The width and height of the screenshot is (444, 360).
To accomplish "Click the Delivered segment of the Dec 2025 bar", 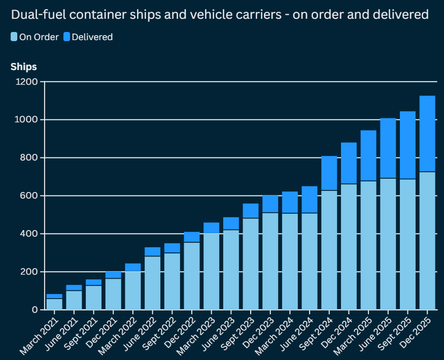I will (427, 134).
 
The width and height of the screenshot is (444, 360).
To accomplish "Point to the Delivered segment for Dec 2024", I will (349, 163).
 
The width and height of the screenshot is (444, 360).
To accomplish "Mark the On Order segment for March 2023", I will (211, 272).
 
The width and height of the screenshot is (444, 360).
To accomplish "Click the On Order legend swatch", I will (14, 37).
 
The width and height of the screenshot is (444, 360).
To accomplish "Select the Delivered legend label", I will (92, 37).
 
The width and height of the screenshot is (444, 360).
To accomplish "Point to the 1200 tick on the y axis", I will (26, 82).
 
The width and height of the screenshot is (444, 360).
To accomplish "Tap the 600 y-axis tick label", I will (28, 196).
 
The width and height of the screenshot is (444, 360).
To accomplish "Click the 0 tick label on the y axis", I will (35, 310).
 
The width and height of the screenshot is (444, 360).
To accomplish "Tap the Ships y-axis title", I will (23, 67).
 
